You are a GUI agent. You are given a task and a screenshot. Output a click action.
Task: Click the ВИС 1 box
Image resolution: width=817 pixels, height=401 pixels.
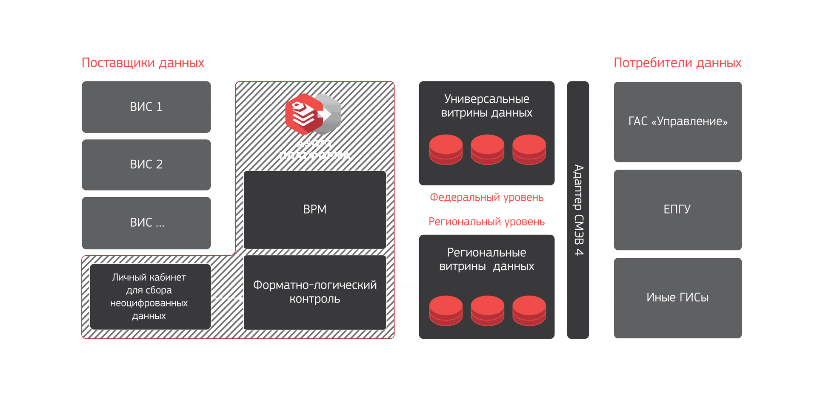146,107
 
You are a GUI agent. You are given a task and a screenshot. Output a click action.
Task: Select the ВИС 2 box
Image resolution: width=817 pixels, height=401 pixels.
146,164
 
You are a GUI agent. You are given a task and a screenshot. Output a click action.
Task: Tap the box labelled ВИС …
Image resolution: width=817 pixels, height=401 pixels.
146,222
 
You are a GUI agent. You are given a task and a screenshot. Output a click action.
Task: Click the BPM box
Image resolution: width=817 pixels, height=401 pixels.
314,210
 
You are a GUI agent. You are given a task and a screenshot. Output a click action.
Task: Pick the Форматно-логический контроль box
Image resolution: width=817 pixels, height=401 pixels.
314,292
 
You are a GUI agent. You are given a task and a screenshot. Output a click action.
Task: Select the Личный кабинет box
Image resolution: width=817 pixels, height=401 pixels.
150,297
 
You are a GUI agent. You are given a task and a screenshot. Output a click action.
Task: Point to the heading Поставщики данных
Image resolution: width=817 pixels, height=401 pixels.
143,63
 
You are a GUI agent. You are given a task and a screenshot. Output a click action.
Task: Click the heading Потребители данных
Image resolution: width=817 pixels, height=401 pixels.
677,63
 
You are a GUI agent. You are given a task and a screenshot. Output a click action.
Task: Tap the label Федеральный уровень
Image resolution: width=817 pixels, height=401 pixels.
486,197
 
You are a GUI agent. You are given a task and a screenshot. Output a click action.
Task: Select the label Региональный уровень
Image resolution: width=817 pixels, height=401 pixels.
486,222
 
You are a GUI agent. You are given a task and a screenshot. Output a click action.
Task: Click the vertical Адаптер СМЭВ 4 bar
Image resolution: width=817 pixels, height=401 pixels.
578,210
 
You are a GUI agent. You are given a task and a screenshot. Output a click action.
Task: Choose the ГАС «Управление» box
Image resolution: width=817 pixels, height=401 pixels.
677,122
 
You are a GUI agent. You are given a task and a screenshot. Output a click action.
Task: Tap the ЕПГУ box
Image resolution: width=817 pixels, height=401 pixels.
677,210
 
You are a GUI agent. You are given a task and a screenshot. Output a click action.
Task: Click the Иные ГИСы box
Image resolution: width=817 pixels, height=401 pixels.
677,298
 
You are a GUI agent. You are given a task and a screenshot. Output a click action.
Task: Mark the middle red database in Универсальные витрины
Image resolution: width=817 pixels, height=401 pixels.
487,149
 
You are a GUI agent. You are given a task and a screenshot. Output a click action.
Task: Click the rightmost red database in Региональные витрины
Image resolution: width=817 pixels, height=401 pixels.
529,310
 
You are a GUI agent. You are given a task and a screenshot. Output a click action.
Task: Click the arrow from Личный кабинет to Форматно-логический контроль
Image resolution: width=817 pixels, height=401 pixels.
227,298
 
